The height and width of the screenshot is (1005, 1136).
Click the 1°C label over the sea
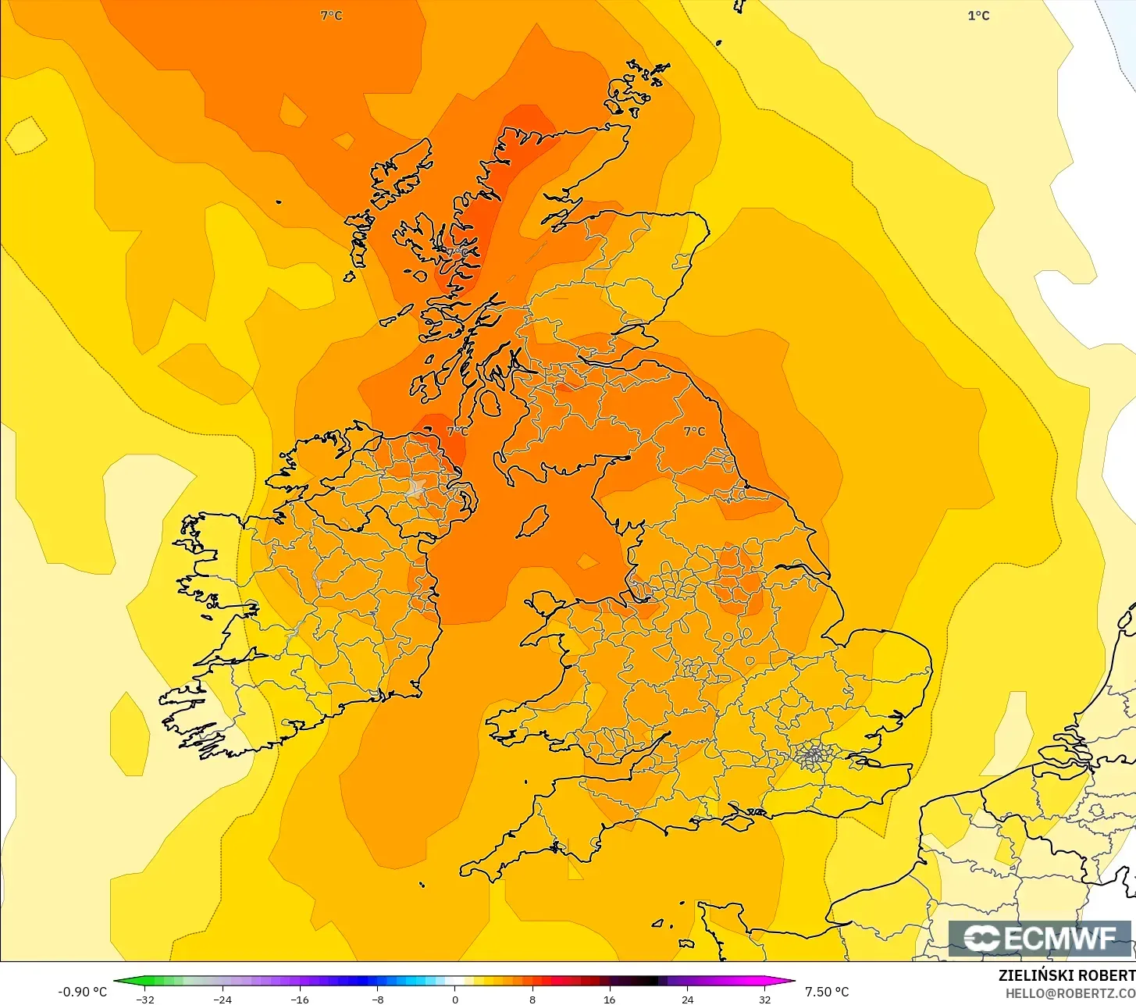click(x=978, y=16)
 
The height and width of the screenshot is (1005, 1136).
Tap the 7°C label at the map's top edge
click(x=331, y=16)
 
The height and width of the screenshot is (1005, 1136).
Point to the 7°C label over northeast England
click(x=693, y=431)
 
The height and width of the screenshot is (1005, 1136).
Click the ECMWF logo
click(x=1040, y=938)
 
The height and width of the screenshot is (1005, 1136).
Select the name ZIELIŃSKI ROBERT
click(x=1067, y=975)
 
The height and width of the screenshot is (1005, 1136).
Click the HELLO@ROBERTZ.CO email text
click(x=1070, y=993)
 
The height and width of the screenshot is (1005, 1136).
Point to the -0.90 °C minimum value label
click(x=82, y=992)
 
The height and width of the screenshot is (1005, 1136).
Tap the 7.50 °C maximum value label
click(x=827, y=992)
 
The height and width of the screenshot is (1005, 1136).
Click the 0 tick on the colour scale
click(x=454, y=1000)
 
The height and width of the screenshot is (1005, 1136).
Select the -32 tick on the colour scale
click(x=145, y=1000)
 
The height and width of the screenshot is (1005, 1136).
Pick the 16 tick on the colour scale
click(x=609, y=1000)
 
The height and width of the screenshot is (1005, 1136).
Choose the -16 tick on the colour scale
click(x=300, y=1000)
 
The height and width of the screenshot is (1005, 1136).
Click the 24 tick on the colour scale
click(x=687, y=1000)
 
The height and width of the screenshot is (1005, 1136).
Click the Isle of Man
click(x=532, y=521)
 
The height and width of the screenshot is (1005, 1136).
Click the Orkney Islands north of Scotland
click(x=636, y=84)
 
